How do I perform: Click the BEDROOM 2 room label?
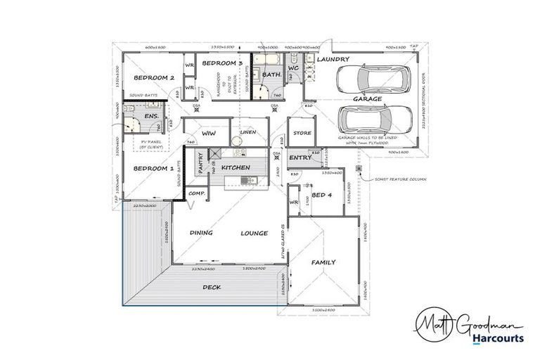click(x=153, y=78)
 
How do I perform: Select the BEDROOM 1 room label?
click(x=153, y=169)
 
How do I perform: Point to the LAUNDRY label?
click(x=333, y=60)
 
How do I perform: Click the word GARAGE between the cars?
click(x=367, y=99)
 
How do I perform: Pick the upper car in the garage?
click(x=368, y=79)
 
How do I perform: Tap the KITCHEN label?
click(x=236, y=169)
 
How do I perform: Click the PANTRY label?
click(x=201, y=165)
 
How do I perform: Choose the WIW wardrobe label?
click(x=208, y=133)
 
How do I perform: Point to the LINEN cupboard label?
click(x=247, y=132)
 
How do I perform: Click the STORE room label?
click(x=302, y=133)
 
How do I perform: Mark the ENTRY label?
click(x=300, y=157)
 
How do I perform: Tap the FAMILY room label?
click(x=323, y=262)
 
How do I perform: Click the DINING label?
click(x=201, y=233)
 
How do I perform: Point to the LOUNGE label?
click(x=254, y=233)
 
